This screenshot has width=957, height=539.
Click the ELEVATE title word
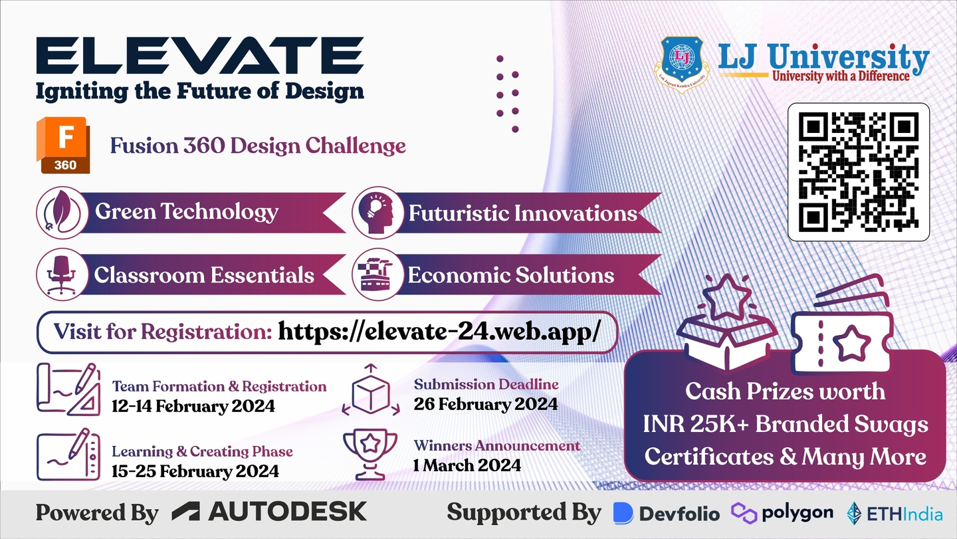(200, 56)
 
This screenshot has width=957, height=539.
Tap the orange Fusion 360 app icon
(63, 145)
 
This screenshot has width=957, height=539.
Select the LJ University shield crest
(682, 64)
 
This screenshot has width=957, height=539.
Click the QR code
(859, 171)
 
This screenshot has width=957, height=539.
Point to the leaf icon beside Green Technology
(62, 212)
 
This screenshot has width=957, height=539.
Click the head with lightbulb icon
(377, 212)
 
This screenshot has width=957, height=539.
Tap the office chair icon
(62, 274)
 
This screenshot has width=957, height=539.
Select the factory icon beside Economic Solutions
(377, 274)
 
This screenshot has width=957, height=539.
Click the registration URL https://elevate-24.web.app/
(439, 332)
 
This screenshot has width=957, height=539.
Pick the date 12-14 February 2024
(193, 405)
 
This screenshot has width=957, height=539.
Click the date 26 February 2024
(486, 403)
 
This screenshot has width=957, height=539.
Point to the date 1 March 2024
(467, 465)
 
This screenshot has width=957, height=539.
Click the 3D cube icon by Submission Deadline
(371, 389)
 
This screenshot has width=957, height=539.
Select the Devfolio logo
(667, 513)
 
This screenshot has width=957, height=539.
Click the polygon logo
(782, 513)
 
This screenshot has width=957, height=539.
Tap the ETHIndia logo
(895, 513)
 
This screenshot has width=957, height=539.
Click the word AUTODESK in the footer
(288, 511)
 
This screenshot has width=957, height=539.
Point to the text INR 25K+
(696, 424)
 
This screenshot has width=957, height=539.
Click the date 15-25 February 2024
(195, 471)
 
